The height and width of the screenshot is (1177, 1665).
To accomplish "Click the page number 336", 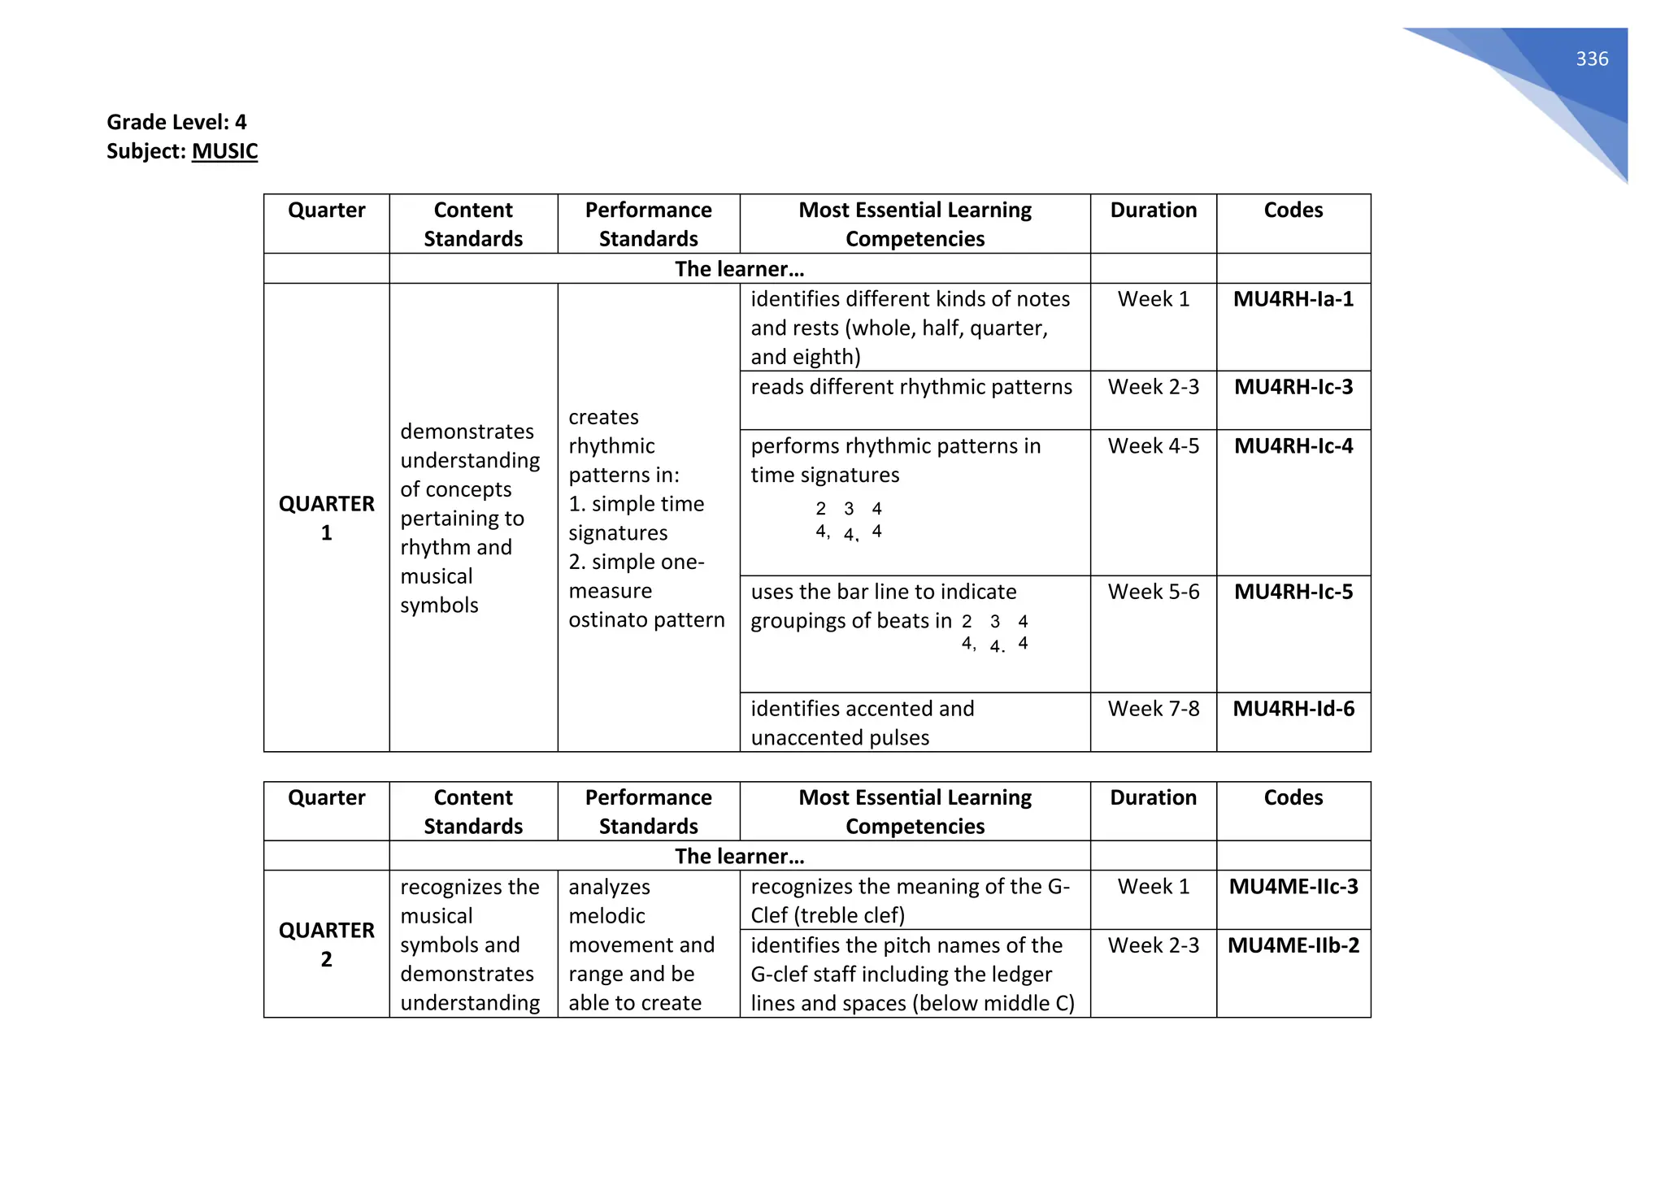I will click(x=1591, y=59).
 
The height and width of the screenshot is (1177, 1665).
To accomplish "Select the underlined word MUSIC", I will click(x=224, y=151).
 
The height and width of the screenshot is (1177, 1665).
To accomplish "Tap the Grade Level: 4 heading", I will click(x=176, y=122).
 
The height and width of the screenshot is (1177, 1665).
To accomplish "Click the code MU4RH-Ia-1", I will click(x=1293, y=299).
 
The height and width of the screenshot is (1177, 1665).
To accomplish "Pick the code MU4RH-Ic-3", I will click(x=1293, y=387).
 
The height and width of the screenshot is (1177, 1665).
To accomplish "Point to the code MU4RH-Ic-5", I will click(x=1293, y=592).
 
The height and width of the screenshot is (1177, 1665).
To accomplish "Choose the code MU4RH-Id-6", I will click(x=1293, y=709).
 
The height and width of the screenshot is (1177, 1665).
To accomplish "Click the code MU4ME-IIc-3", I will click(x=1293, y=886).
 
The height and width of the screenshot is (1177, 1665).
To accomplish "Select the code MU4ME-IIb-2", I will click(x=1293, y=945).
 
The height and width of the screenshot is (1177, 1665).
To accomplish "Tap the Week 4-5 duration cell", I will click(x=1153, y=446).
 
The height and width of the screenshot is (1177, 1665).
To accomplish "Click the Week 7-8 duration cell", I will click(x=1153, y=709).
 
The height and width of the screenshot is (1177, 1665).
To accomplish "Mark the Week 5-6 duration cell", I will click(x=1153, y=592).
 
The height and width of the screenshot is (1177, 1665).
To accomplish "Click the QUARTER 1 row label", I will click(x=326, y=518).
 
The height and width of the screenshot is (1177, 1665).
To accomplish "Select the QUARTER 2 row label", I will click(x=326, y=944).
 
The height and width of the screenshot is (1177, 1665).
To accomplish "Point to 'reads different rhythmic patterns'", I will click(x=911, y=387).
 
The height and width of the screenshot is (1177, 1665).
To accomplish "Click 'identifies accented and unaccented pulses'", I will click(x=862, y=723).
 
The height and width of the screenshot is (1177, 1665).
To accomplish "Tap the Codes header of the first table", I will click(x=1293, y=210).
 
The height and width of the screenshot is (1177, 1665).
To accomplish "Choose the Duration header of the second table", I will click(x=1153, y=797).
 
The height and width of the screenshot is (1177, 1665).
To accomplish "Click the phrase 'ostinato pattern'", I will click(x=646, y=620).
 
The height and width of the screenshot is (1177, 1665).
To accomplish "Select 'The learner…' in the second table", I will click(x=739, y=856).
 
